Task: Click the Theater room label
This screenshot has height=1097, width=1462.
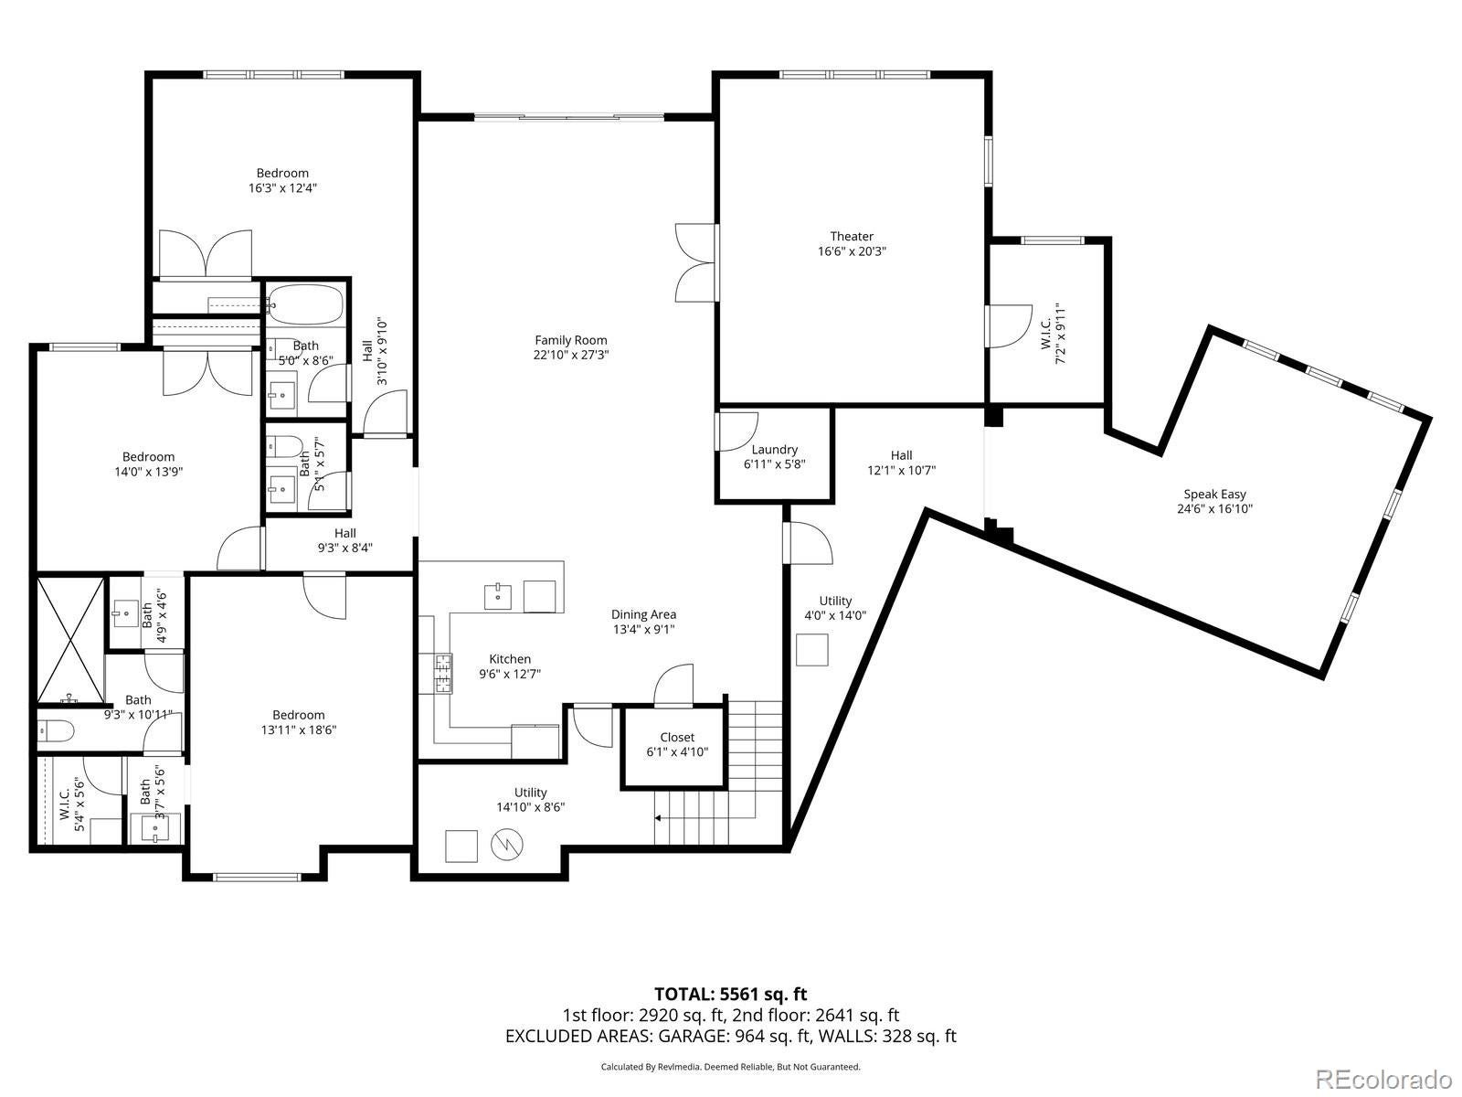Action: (x=852, y=244)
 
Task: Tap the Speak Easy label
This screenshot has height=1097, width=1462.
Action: (x=1214, y=502)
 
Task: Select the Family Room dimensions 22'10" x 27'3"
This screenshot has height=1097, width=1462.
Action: (x=571, y=355)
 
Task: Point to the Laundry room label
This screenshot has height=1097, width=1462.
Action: (x=774, y=457)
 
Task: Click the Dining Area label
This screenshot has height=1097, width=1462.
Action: (x=643, y=622)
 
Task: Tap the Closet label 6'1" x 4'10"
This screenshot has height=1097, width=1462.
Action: (x=677, y=745)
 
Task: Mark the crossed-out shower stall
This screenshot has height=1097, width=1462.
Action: (x=70, y=639)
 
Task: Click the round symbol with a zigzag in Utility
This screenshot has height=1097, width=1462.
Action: (x=507, y=846)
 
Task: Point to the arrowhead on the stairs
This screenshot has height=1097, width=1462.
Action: (x=658, y=818)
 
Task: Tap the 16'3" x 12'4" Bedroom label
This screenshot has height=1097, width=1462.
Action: (x=282, y=180)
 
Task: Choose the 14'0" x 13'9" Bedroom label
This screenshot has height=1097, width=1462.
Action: (x=149, y=464)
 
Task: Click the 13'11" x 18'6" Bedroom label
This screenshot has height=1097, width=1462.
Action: (x=299, y=722)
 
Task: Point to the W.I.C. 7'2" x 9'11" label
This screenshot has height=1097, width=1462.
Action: (x=1053, y=333)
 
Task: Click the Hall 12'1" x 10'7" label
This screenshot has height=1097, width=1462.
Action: (x=901, y=463)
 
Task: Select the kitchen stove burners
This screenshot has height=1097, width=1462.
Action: (x=443, y=674)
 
